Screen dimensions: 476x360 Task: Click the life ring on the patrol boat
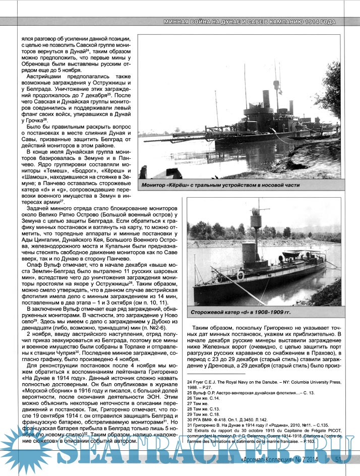pos(241,275)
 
